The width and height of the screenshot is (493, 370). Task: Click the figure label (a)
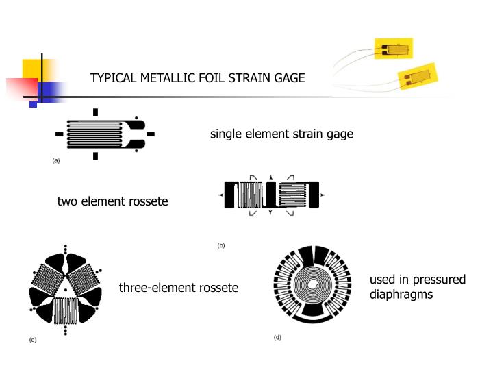56,160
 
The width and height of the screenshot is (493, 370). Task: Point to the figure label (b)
221,245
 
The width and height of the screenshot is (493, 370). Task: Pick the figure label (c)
32,340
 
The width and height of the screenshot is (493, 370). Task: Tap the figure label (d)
277,337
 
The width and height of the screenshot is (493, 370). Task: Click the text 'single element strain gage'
281,134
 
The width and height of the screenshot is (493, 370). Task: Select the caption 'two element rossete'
112,201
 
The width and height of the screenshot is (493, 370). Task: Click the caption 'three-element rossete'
179,287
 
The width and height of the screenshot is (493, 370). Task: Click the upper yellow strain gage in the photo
394,49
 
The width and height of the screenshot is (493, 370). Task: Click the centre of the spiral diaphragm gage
314,284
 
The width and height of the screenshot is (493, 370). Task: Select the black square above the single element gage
96,112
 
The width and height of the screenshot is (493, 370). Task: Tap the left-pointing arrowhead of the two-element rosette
220,196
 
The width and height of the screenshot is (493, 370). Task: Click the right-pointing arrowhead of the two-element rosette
322,196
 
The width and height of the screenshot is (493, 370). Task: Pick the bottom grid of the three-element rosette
66,312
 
